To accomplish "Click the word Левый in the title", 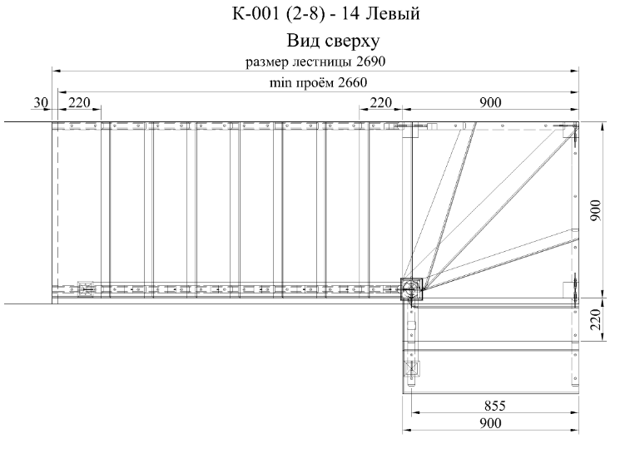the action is click(x=392, y=14).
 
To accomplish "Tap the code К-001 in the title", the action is click(x=256, y=13).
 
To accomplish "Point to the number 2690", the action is click(x=370, y=62).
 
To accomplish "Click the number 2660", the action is click(x=352, y=83).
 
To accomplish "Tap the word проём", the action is click(x=314, y=83).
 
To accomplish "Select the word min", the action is click(x=280, y=83).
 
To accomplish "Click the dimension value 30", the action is click(x=41, y=102).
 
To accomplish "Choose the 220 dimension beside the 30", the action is click(x=79, y=102).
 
